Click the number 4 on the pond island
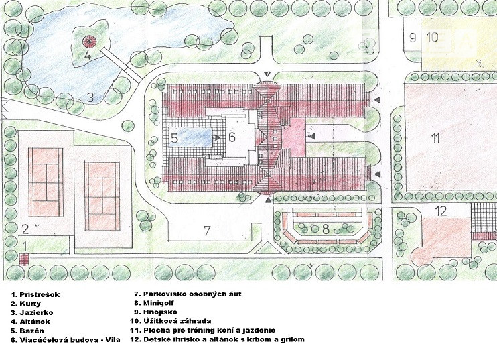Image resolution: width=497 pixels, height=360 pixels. [x=87, y=56]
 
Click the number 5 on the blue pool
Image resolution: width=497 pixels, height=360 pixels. [x=173, y=139]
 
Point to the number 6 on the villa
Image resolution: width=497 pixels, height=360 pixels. [x=231, y=138]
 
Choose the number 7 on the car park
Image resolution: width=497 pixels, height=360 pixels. [x=207, y=231]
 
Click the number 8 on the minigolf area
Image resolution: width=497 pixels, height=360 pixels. [x=326, y=229]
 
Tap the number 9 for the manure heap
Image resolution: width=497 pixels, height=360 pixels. [x=413, y=37]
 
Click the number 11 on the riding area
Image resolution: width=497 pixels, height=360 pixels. [x=435, y=139]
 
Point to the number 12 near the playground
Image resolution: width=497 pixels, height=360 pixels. [x=440, y=212]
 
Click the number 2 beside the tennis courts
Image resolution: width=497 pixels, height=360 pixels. [x=25, y=227]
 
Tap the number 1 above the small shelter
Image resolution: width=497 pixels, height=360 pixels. [x=24, y=246]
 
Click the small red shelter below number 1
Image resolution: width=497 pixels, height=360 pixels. [x=24, y=259]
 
